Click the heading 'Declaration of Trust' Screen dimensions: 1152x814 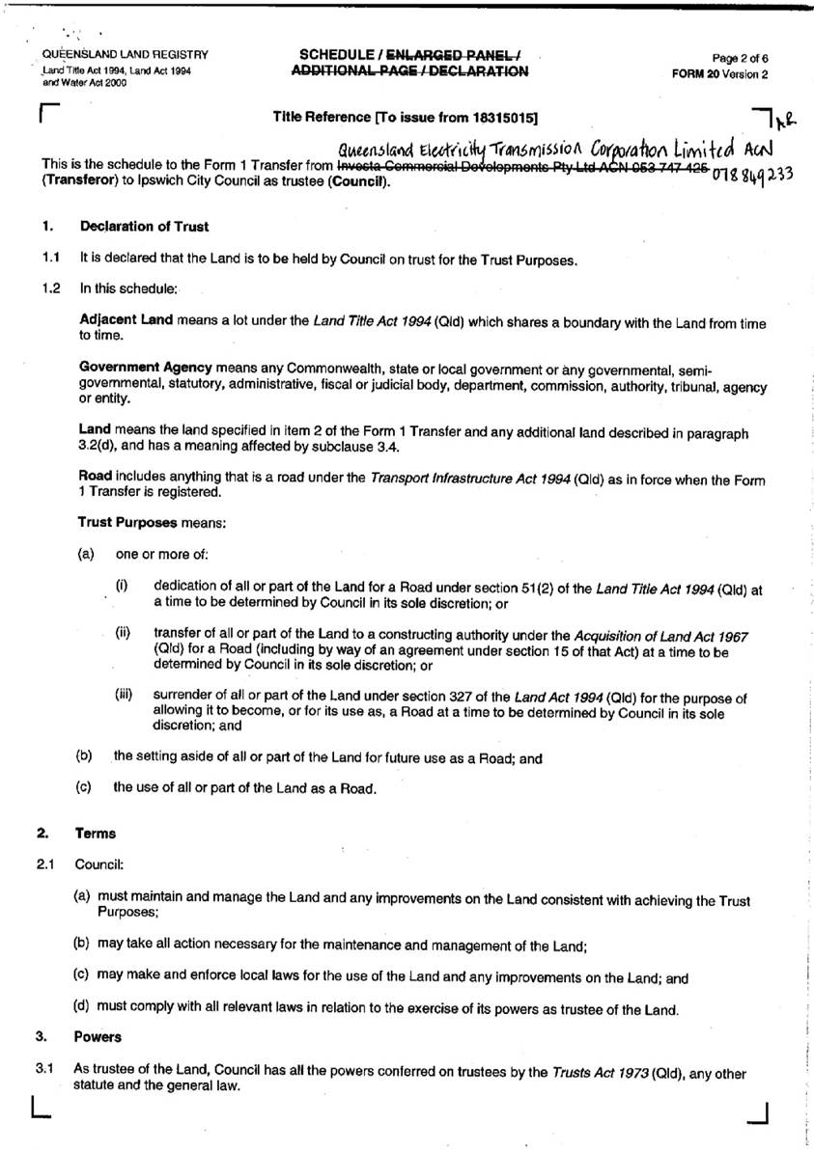[x=144, y=227]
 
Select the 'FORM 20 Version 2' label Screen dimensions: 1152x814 [x=722, y=73]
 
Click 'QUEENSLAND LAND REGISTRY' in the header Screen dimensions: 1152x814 [x=125, y=55]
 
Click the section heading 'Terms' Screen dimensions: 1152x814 [x=95, y=833]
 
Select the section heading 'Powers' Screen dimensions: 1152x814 [x=98, y=1037]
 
